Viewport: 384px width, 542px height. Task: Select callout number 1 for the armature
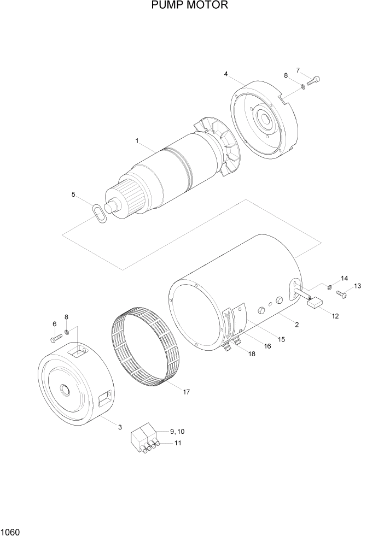tap(138, 141)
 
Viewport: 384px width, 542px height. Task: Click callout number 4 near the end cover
tap(226, 74)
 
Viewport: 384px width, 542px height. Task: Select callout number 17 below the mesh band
tap(186, 392)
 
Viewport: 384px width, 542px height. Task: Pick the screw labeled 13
tap(342, 295)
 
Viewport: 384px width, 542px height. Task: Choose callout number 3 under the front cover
tap(119, 426)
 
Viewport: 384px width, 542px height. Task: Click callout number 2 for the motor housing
tap(296, 325)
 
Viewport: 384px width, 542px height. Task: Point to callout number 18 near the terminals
tap(252, 354)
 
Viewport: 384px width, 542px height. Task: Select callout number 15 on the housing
tap(281, 339)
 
